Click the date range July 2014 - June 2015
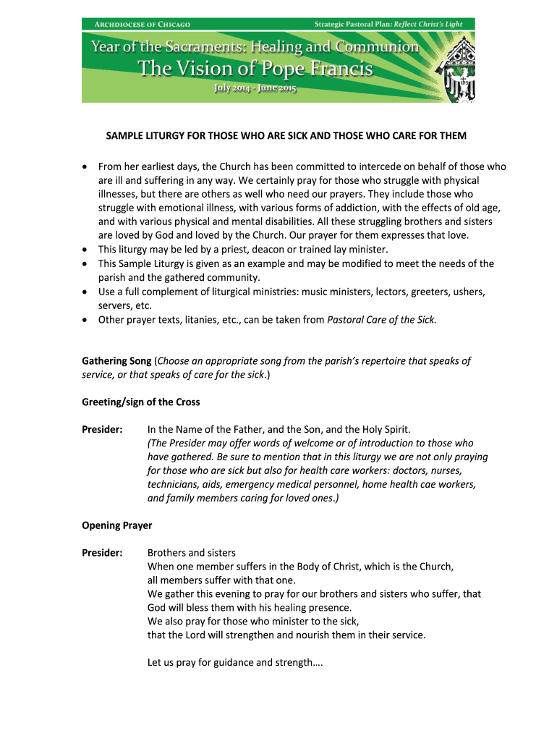255,89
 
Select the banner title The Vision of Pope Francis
255,69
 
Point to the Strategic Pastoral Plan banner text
388,25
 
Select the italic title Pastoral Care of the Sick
382,319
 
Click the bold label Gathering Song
116,360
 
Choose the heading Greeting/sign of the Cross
140,402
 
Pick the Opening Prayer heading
116,525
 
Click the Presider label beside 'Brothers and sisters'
102,553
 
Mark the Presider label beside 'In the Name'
102,429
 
